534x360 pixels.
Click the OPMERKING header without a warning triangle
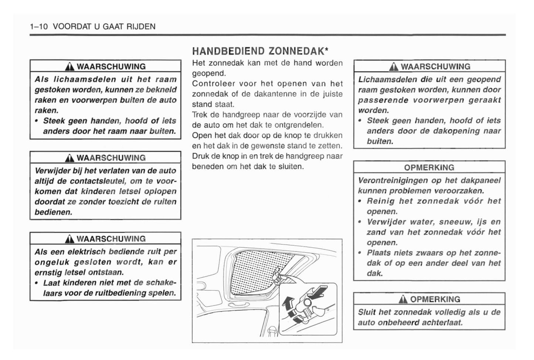[429, 168]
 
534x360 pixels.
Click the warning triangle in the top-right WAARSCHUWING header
[394, 67]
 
